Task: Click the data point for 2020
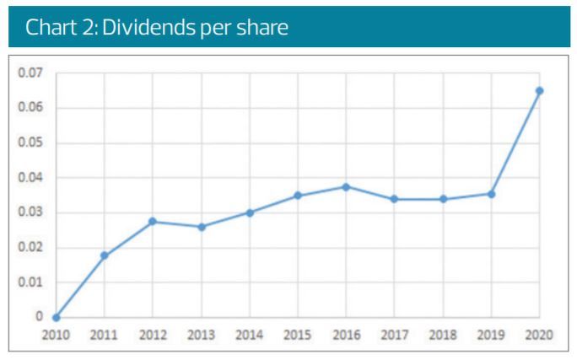coord(540,91)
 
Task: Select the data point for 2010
coord(56,318)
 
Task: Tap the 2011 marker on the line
coord(105,255)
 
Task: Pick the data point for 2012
coord(153,222)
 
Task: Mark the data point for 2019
coord(492,194)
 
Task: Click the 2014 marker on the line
coord(250,212)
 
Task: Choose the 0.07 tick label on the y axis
coord(30,73)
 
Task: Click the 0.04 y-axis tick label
coord(30,178)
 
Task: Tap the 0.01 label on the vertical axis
coord(30,282)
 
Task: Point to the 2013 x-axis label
coord(201,335)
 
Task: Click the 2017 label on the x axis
coord(395,335)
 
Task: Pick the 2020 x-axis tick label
coord(540,335)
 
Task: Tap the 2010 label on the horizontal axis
coord(56,335)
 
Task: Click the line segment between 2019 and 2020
coord(516,142)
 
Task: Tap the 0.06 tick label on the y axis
coord(30,108)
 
